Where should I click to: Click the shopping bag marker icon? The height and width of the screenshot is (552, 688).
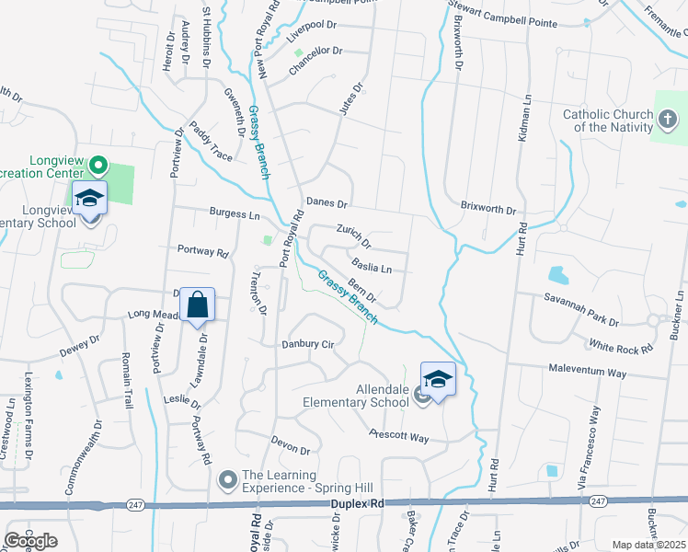(198, 305)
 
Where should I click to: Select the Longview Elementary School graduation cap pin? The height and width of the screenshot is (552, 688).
(90, 199)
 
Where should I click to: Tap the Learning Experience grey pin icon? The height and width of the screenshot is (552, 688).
(228, 479)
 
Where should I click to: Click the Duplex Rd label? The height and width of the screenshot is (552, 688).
(353, 504)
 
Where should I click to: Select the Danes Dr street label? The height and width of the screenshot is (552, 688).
(327, 202)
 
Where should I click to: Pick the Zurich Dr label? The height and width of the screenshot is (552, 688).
(353, 237)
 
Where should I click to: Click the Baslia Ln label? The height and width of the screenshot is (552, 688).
(372, 266)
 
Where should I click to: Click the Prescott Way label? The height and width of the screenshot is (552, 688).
(399, 436)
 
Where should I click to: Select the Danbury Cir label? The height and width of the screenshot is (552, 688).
(306, 344)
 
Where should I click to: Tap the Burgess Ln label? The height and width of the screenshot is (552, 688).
(235, 214)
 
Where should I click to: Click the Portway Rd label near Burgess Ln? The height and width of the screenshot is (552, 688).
(202, 250)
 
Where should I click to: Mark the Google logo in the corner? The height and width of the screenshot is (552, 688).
(31, 540)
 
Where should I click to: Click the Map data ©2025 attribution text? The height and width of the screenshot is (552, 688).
(648, 545)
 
